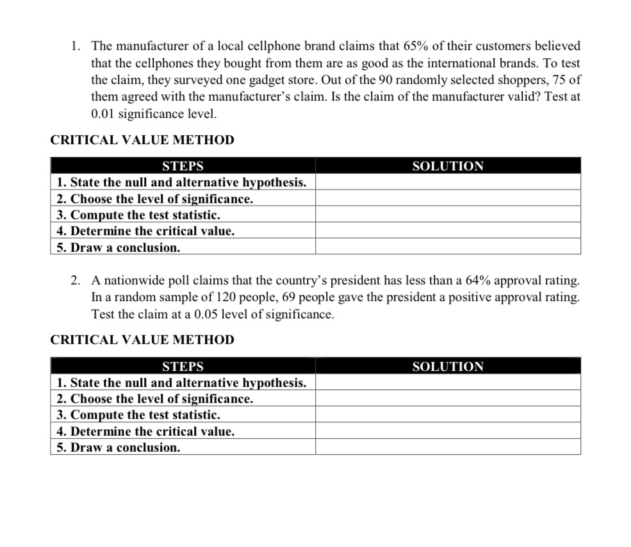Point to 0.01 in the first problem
click(104, 115)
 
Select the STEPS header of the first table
click(183, 167)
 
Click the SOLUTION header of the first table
click(448, 167)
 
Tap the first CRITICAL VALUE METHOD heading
click(142, 140)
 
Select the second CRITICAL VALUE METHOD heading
click(142, 339)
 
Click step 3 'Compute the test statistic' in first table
click(138, 215)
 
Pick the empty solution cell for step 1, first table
click(448, 183)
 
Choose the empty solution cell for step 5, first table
click(448, 247)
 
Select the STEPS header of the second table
click(183, 367)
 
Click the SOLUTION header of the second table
click(448, 367)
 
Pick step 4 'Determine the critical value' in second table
click(145, 431)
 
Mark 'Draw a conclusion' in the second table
click(119, 448)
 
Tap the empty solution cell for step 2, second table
click(448, 399)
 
